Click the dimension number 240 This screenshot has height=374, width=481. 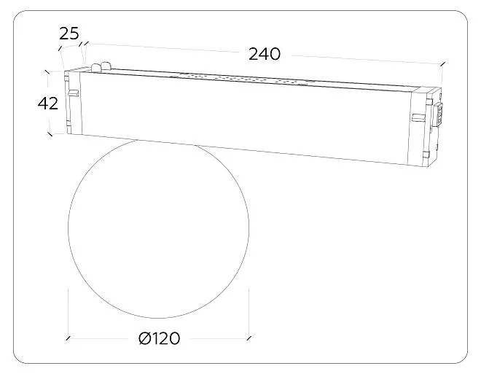click(x=264, y=54)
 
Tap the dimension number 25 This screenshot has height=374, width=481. click(x=69, y=34)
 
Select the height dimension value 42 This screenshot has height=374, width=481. click(x=48, y=104)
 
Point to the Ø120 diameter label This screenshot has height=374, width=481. click(x=159, y=338)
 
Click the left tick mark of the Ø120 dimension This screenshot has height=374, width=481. click(x=68, y=338)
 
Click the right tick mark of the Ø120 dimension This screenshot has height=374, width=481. click(x=249, y=338)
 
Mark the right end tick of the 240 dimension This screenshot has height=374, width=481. click(x=442, y=64)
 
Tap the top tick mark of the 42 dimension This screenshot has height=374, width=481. click(x=47, y=71)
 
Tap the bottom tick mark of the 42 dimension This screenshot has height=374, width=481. click(x=50, y=134)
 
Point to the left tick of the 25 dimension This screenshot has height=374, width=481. click(x=60, y=48)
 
